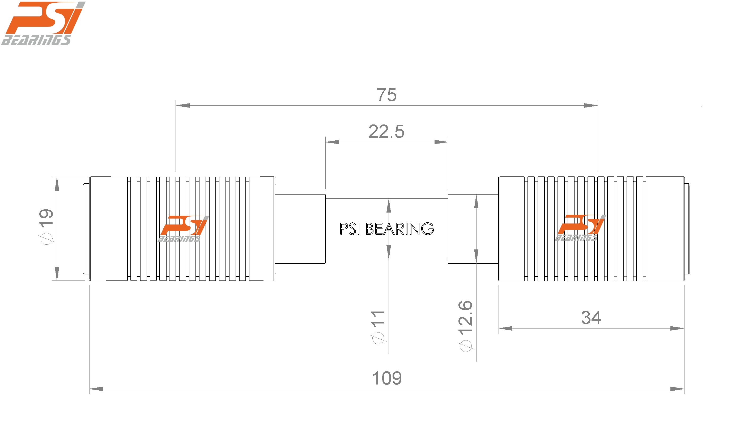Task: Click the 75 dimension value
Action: tap(386, 95)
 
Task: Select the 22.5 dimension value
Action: tap(386, 132)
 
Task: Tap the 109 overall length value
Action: tap(387, 379)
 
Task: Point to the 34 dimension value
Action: tap(591, 318)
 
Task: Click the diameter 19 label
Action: tap(46, 226)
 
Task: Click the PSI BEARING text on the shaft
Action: tap(386, 229)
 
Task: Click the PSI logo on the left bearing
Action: tap(183, 229)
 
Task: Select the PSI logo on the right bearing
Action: tap(580, 228)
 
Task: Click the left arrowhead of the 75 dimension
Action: tap(183, 105)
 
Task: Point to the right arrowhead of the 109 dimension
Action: tap(677, 389)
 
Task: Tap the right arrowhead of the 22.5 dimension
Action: tap(441, 142)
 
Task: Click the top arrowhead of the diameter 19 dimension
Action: tap(57, 184)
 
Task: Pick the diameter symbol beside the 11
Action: tap(378, 338)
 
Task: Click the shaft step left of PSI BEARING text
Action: tap(300, 229)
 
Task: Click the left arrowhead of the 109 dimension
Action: tap(96, 389)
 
